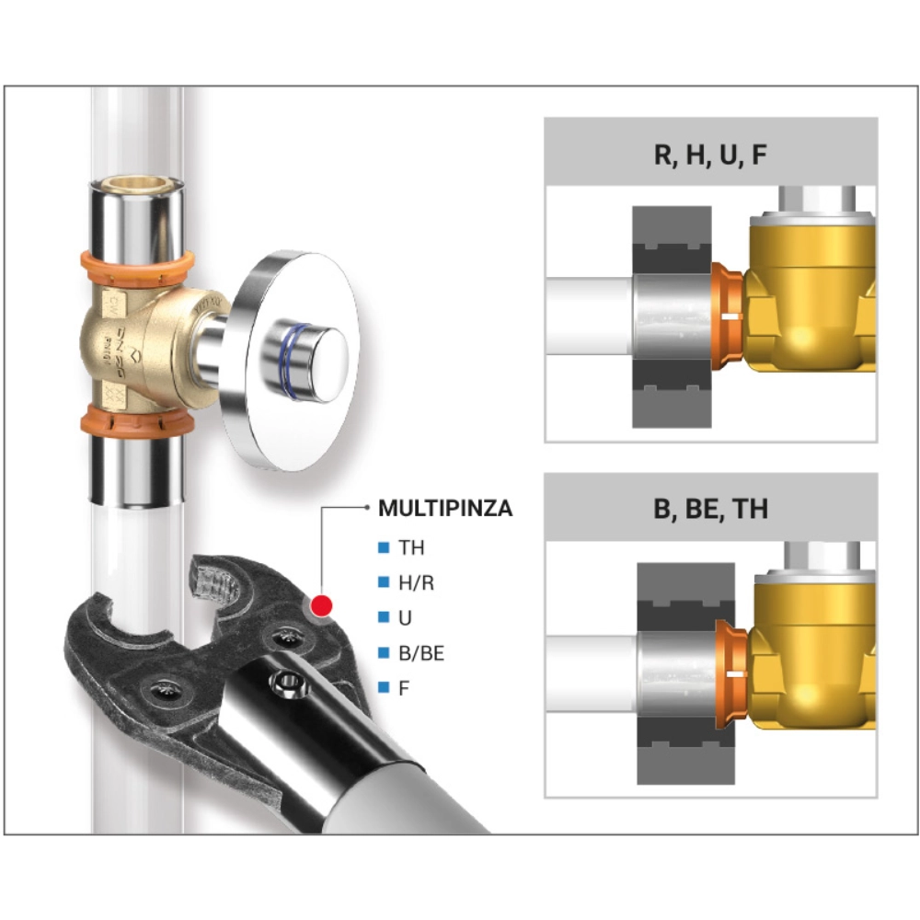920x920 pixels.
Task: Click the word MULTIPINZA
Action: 445,508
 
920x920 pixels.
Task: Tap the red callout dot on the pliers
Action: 321,605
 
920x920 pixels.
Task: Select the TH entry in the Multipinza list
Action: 411,547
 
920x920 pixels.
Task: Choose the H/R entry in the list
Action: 416,582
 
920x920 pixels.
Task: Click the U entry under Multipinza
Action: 405,618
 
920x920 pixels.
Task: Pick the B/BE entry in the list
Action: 421,653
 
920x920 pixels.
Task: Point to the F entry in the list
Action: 404,687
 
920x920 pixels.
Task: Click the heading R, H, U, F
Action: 710,155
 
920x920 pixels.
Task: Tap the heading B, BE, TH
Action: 710,509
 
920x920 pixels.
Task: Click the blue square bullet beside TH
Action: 384,547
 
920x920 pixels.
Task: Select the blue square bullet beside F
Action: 384,687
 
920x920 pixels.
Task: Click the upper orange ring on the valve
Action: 137,268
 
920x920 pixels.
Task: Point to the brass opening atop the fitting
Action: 137,184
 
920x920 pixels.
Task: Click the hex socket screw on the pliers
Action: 286,682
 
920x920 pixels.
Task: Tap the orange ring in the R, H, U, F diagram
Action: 728,316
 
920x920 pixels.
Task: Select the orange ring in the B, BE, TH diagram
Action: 731,673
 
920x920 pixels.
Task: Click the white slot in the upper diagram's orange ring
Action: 730,316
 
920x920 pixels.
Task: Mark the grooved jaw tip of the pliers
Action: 215,581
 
